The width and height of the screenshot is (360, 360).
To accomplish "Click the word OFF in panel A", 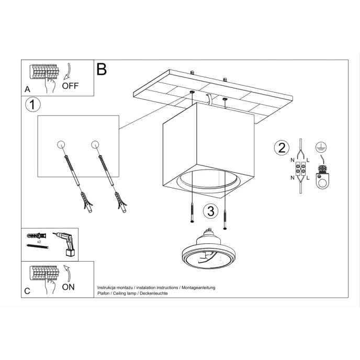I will point(70,86).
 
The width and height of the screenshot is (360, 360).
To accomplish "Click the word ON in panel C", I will point(69,287).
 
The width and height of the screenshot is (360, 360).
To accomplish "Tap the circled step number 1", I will point(32,105).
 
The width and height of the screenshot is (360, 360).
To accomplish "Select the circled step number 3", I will point(210,211).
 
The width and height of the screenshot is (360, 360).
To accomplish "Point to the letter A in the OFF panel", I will point(28,89).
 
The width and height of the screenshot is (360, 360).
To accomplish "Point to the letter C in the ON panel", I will point(27,291).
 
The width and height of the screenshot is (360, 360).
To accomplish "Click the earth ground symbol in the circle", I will point(320,148).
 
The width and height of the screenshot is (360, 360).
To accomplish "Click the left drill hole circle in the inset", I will point(61,145).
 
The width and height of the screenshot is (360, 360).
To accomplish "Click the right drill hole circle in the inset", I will point(95,144).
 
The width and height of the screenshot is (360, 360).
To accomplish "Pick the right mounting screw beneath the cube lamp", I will point(226,218).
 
